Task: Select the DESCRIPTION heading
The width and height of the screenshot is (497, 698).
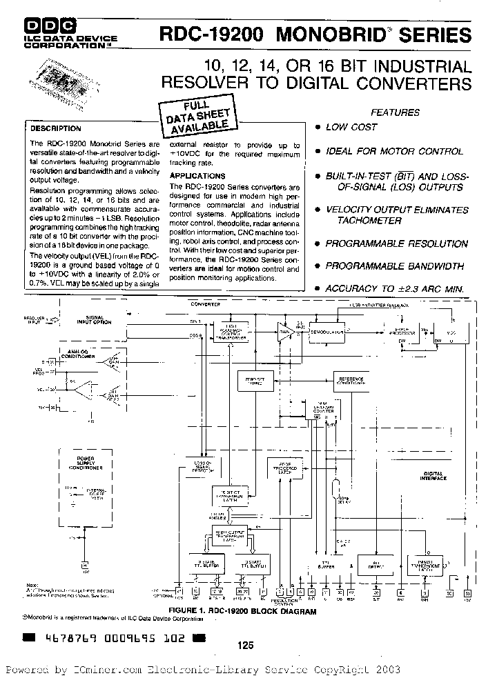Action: pyautogui.click(x=56, y=128)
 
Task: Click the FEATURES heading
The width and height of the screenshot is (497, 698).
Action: pyautogui.click(x=396, y=112)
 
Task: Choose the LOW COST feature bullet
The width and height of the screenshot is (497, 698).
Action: pyautogui.click(x=351, y=127)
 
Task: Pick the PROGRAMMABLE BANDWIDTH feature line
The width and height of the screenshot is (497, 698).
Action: pyautogui.click(x=395, y=266)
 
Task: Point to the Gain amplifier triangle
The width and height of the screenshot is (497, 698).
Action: pyautogui.click(x=285, y=332)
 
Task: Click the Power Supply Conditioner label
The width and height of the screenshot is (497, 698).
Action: pyautogui.click(x=85, y=462)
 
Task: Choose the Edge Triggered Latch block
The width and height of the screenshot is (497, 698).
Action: pyautogui.click(x=284, y=467)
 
